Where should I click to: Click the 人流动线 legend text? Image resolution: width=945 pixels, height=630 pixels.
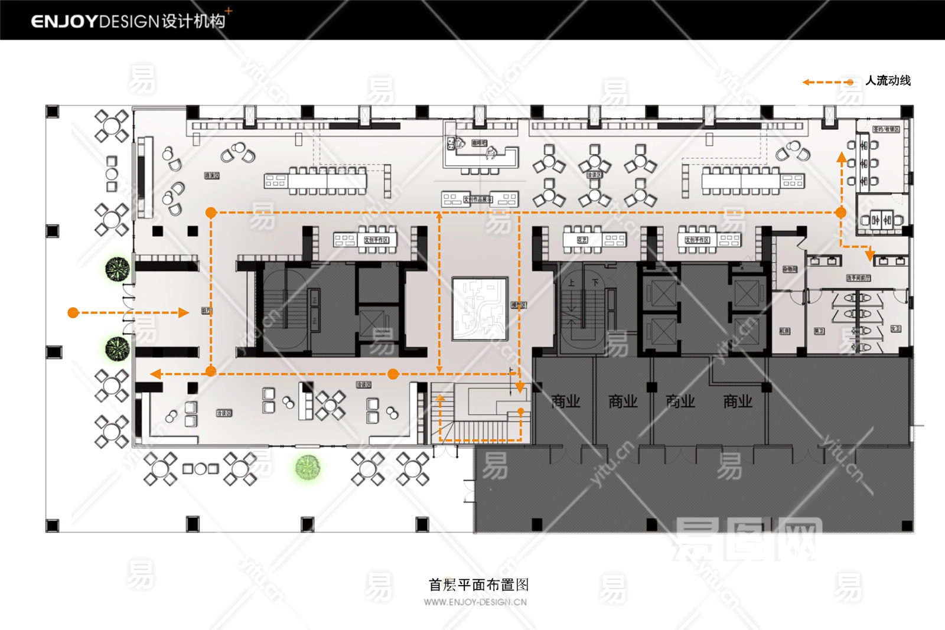(888, 81)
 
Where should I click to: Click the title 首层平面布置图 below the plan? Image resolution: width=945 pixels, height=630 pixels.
(478, 585)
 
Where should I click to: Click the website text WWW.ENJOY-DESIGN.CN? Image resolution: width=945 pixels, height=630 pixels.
(475, 602)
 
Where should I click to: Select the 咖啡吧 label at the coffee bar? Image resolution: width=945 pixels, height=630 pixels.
(479, 143)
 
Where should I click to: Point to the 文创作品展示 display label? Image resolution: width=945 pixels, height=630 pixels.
(477, 200)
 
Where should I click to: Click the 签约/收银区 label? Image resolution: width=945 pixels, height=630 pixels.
(886, 129)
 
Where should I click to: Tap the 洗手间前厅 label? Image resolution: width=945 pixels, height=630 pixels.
(858, 278)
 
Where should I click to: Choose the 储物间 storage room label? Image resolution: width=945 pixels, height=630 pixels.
(790, 269)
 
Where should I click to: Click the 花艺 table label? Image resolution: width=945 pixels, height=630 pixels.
(582, 240)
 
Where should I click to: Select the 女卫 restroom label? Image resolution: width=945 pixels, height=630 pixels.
(895, 329)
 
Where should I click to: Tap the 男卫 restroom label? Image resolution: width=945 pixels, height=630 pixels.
(819, 331)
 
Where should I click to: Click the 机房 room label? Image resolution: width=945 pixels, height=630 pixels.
(784, 331)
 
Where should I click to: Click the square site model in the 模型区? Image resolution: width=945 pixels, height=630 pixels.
(480, 309)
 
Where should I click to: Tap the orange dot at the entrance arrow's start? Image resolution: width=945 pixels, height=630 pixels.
(73, 312)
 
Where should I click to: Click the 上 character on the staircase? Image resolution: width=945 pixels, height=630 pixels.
(571, 283)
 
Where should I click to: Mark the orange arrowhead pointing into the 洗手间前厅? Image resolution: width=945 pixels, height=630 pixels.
(869, 255)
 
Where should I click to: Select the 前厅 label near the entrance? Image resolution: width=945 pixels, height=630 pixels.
(206, 311)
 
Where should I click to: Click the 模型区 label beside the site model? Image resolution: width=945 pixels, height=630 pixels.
(519, 305)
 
